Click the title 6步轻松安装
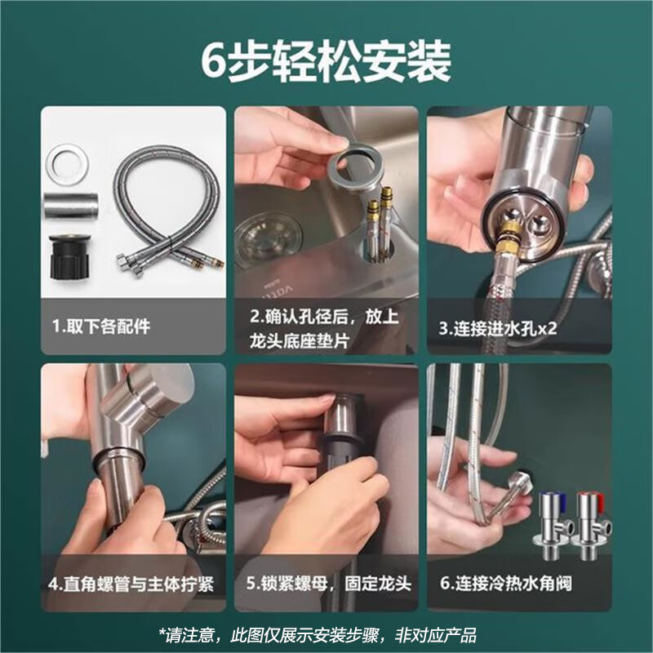[326, 61]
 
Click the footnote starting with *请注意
[326, 634]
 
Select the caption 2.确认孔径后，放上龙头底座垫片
[326, 328]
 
